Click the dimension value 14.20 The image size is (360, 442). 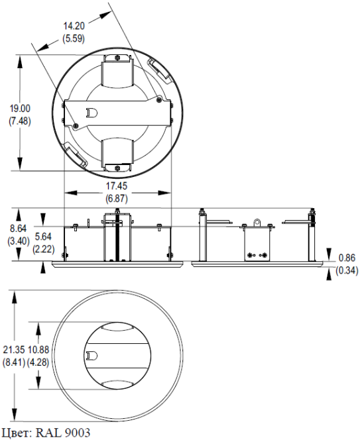click(74, 26)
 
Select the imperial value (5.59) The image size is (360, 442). click(74, 38)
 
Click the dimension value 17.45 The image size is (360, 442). click(117, 186)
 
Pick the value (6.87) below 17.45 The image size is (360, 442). click(117, 198)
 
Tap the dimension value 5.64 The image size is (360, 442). click(43, 236)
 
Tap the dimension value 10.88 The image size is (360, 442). click(43, 349)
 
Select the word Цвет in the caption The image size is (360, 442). click(16, 433)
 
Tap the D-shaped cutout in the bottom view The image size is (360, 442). click(92, 355)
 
